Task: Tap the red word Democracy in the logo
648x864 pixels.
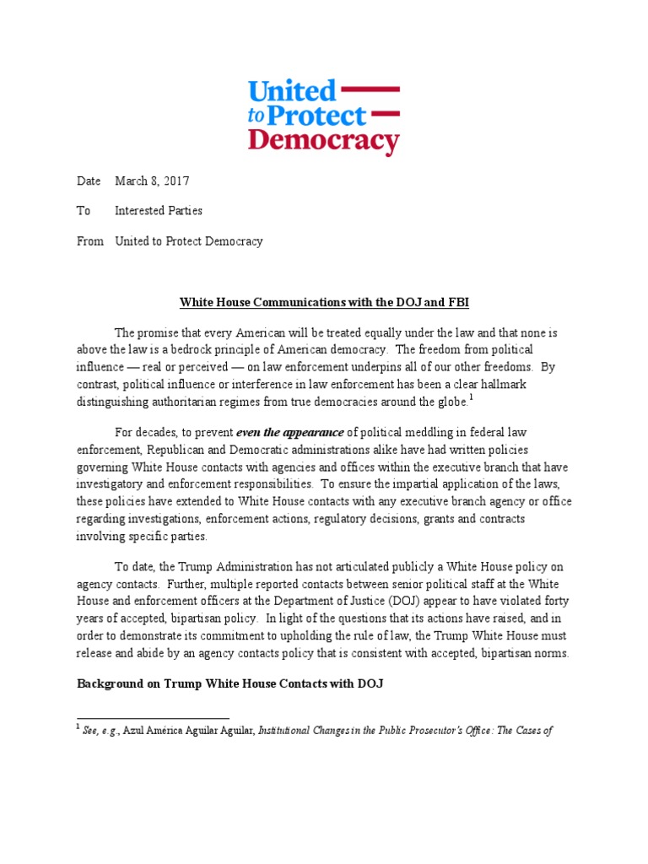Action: pyautogui.click(x=323, y=140)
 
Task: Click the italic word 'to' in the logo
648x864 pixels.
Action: pyautogui.click(x=256, y=118)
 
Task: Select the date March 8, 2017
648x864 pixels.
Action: pyautogui.click(x=153, y=181)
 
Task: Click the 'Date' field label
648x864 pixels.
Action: pyautogui.click(x=89, y=181)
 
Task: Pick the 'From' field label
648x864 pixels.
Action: pyautogui.click(x=90, y=241)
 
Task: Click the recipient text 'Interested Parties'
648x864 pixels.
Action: pyautogui.click(x=159, y=211)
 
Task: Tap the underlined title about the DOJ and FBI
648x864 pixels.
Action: pyautogui.click(x=323, y=302)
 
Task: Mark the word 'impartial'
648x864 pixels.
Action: pyautogui.click(x=401, y=484)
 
